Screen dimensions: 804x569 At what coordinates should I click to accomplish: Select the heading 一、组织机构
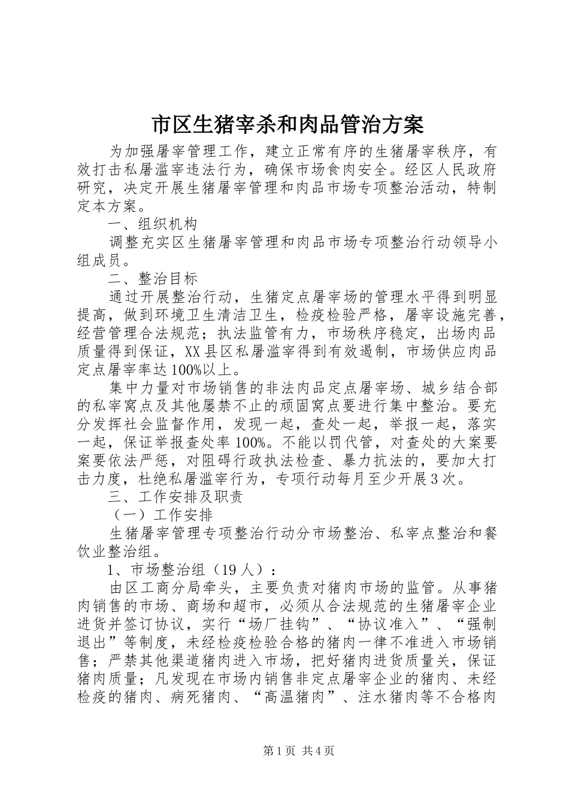pos(152,224)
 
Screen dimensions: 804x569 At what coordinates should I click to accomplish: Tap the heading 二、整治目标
pos(152,279)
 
